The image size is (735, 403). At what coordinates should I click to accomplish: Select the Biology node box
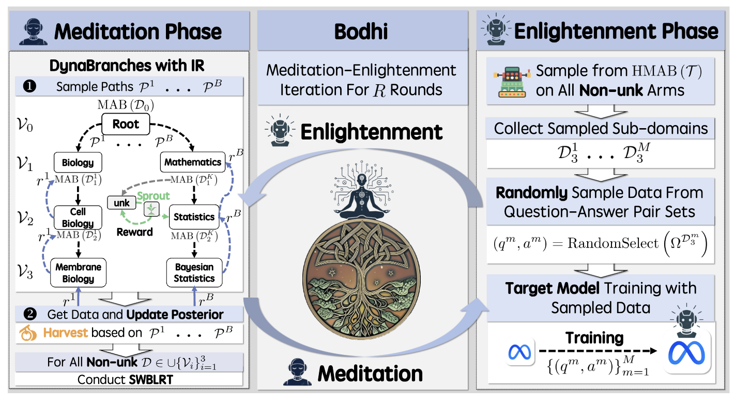pyautogui.click(x=78, y=163)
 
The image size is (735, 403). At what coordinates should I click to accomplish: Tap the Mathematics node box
pyautogui.click(x=192, y=162)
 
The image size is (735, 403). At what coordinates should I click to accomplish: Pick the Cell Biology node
pyautogui.click(x=78, y=218)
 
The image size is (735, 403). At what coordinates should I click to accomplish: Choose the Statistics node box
pyautogui.click(x=193, y=217)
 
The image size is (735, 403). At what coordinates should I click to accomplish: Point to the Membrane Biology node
pyautogui.click(x=78, y=272)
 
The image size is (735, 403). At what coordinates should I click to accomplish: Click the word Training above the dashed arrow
pyautogui.click(x=594, y=338)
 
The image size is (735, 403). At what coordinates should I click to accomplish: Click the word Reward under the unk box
pyautogui.click(x=134, y=232)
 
